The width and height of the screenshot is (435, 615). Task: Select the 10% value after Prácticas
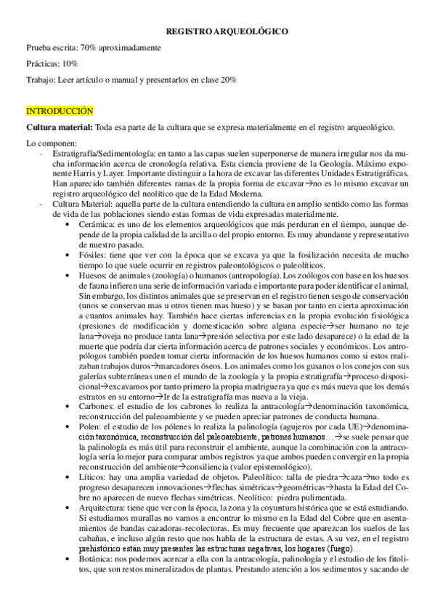pos(68,64)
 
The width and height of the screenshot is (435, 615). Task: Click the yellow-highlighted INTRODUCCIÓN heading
pos(60,111)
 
